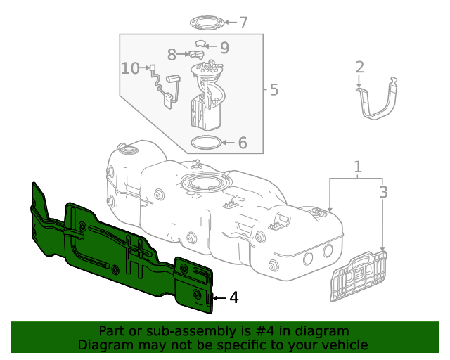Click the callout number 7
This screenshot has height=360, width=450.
(243, 22)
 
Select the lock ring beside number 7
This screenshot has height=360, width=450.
(209, 22)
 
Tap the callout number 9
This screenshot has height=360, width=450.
(224, 48)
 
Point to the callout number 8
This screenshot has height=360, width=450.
(172, 54)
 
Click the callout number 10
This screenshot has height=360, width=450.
(130, 68)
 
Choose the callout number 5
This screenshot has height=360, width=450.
(274, 90)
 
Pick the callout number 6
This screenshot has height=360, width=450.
(243, 143)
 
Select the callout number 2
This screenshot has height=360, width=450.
(359, 67)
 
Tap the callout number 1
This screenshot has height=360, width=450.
(358, 167)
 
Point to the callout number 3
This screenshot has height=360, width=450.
(383, 192)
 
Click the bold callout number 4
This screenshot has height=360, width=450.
(234, 298)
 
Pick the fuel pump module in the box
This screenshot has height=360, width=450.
(207, 98)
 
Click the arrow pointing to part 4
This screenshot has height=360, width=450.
(219, 298)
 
